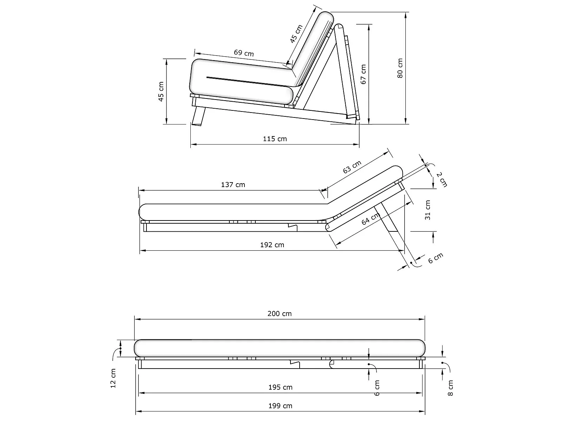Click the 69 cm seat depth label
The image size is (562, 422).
[244, 53]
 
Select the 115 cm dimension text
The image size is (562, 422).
[275, 139]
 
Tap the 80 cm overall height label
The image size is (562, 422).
[400, 68]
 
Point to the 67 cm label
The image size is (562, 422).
[363, 74]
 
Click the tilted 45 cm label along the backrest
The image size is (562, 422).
[296, 33]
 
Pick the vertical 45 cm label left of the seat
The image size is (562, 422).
[161, 91]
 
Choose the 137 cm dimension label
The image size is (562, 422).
[233, 185]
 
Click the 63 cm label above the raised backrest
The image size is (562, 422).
[352, 167]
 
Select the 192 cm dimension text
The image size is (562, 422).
[272, 245]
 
